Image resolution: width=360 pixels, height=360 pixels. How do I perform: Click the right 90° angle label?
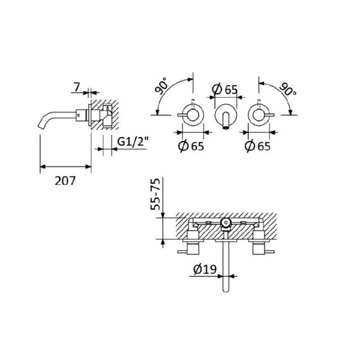coord(287,89)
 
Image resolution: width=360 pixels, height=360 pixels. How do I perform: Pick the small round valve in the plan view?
coord(226,224)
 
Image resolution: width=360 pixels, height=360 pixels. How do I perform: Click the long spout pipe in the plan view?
coord(226,264)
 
